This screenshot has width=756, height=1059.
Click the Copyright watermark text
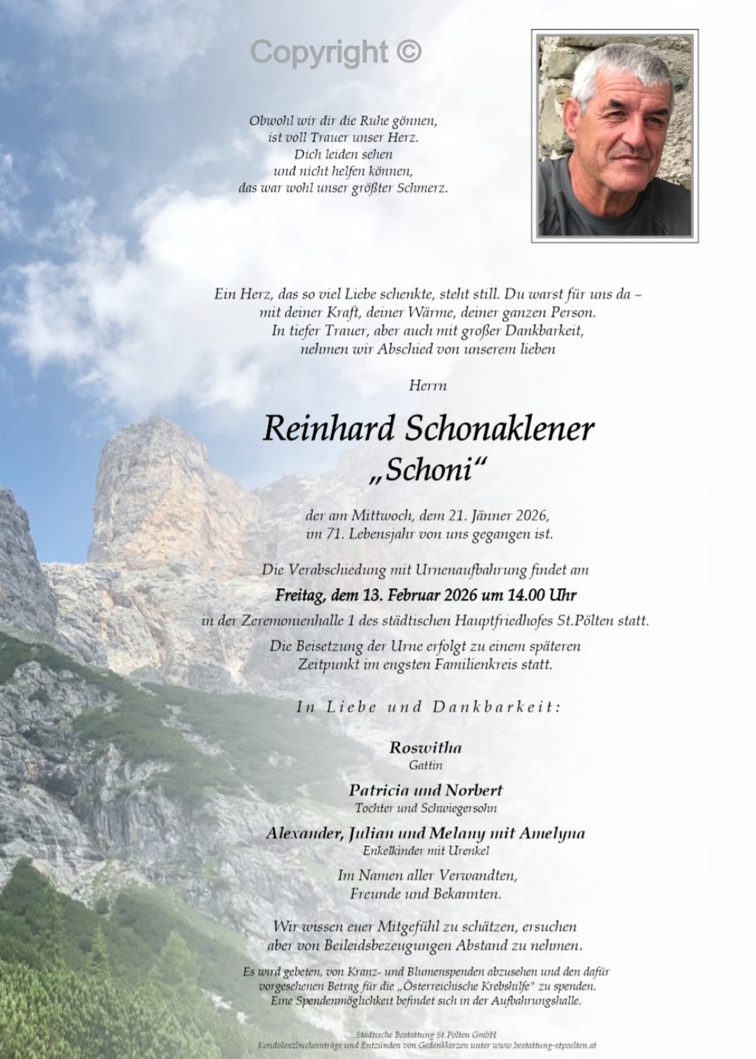pos(335,52)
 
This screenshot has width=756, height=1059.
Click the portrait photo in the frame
pos(614,136)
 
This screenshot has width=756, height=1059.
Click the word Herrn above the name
pos(428,385)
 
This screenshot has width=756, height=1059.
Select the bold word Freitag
pos(300,595)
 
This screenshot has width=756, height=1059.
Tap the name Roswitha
pos(425,748)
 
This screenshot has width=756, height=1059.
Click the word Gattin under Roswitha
pos(426,764)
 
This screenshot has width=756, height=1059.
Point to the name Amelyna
pos(552,834)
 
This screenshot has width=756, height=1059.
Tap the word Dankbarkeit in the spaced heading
pos(497,707)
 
